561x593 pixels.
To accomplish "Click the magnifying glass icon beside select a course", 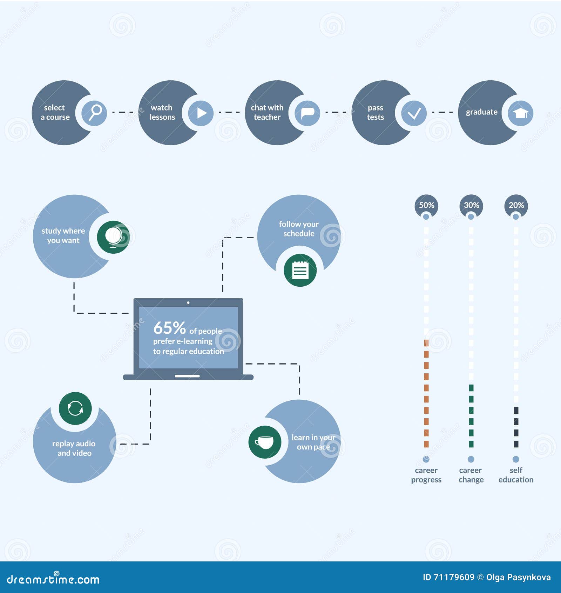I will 94,113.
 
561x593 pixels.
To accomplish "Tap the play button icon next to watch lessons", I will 201,113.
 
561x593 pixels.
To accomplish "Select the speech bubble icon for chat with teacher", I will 307,113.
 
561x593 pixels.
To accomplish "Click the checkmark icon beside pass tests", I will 414,113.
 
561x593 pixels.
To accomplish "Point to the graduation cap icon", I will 521,113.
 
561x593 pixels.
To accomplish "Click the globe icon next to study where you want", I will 113,237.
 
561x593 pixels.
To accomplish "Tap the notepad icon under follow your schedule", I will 300,270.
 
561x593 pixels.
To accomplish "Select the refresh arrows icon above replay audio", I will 75,408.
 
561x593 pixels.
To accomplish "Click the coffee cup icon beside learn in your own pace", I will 265,442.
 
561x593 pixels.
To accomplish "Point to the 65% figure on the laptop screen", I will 169,328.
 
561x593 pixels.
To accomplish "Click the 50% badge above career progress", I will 426,205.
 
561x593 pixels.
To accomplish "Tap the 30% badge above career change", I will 471,205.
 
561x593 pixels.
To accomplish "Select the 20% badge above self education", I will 516,205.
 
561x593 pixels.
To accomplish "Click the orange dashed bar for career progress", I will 426,393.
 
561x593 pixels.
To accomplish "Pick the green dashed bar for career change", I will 471,416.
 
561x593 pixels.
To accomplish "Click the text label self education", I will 516,475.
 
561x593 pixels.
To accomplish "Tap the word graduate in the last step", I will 481,112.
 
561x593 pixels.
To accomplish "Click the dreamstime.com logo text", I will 53,579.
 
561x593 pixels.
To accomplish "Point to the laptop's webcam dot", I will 188,302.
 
